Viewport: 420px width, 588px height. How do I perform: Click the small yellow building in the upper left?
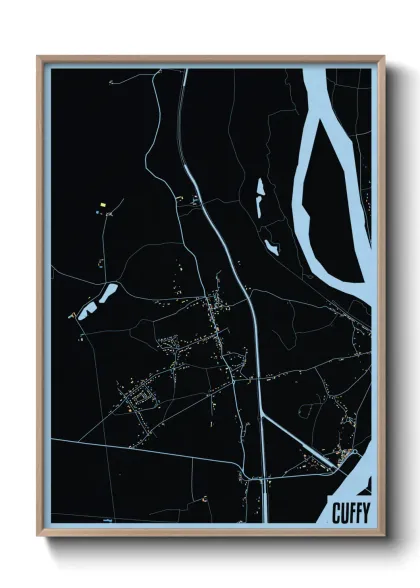tap(102, 205)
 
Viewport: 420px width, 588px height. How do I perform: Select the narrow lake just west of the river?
tap(259, 197)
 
